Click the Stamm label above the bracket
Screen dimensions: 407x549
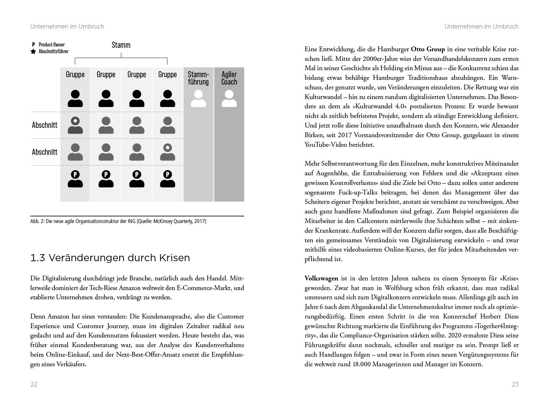point(121,45)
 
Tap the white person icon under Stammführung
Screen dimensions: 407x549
point(198,99)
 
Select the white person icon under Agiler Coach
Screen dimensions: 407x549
point(229,99)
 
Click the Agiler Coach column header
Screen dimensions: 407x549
point(229,78)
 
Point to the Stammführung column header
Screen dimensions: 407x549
point(198,78)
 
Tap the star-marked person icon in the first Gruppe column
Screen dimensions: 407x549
point(75,125)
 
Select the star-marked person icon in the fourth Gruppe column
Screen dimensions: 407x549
point(168,152)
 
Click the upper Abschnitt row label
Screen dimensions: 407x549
point(45,125)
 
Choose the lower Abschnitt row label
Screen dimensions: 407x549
point(45,152)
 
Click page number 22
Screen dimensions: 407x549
point(34,384)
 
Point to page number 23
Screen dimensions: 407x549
point(515,384)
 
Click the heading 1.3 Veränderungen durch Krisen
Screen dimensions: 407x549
point(110,258)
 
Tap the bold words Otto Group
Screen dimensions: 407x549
point(428,49)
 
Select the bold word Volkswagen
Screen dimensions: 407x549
point(321,278)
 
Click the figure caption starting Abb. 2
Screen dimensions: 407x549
point(118,221)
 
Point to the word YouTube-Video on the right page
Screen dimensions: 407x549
point(326,145)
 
